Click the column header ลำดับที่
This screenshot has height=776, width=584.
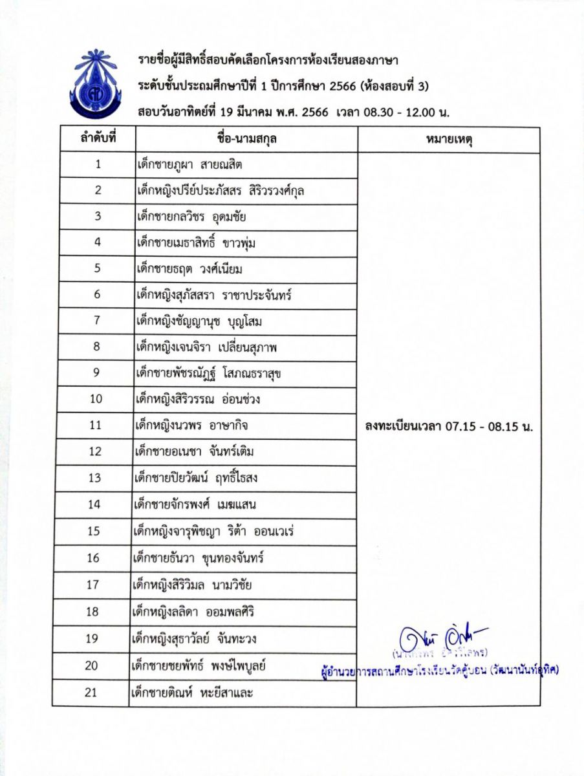[x=98, y=139]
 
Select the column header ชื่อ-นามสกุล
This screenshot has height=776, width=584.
[x=243, y=139]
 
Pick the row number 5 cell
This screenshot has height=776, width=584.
[x=97, y=268]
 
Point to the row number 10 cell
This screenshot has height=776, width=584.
[x=96, y=398]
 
